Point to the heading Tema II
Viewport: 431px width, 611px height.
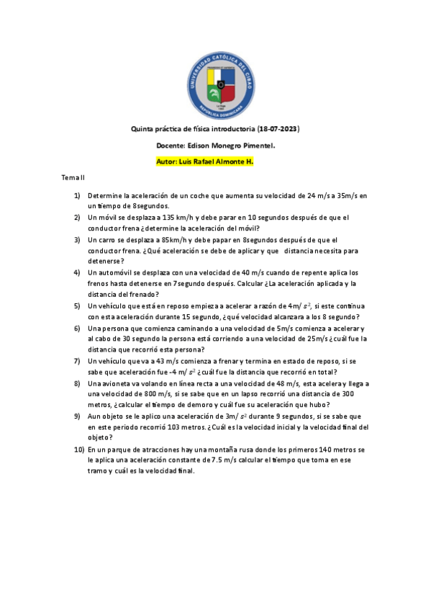(73, 177)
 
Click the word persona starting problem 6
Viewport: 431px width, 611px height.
(114, 328)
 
